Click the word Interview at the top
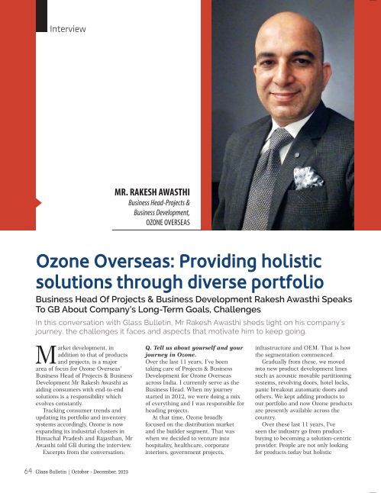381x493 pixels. [x=67, y=29]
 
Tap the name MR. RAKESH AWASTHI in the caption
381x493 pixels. [x=152, y=192]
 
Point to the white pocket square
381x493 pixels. [x=308, y=177]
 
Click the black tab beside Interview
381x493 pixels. [x=41, y=16]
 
